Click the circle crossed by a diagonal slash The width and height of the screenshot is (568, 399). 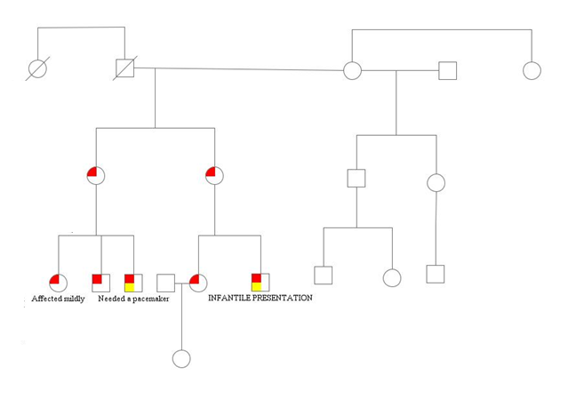(38, 68)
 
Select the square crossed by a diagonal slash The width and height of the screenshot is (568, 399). (124, 68)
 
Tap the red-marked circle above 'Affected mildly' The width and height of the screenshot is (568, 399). (58, 283)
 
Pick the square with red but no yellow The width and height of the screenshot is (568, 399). (101, 283)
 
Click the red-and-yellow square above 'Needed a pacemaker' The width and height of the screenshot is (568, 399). (133, 283)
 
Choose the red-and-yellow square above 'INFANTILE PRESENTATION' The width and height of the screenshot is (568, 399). (260, 283)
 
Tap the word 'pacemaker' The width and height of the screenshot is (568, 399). (149, 299)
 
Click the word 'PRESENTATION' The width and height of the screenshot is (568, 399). (284, 299)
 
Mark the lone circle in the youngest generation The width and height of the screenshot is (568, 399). (181, 359)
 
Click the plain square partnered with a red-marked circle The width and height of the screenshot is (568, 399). (165, 283)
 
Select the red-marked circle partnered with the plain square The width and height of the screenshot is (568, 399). (198, 283)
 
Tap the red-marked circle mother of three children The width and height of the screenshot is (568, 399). (96, 175)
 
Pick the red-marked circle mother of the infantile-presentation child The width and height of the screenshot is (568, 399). (214, 175)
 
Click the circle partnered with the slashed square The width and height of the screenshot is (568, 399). (352, 70)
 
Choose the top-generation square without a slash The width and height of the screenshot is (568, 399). (448, 70)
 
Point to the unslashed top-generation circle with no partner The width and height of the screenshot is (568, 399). (532, 70)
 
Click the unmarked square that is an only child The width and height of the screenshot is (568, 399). (435, 274)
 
